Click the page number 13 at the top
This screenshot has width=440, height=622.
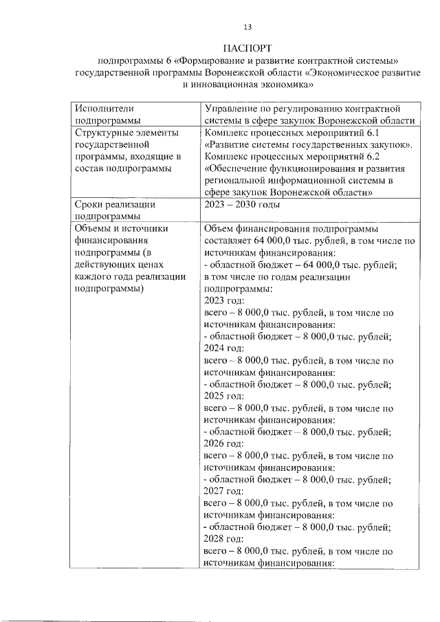pyautogui.click(x=247, y=27)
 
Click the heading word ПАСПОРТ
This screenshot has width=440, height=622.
pyautogui.click(x=247, y=48)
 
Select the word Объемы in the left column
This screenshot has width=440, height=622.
pyautogui.click(x=95, y=229)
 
